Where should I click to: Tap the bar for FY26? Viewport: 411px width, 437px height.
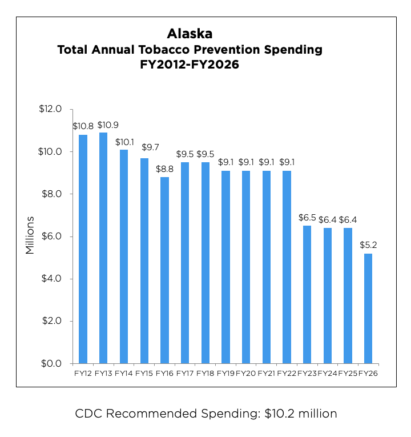[368, 308]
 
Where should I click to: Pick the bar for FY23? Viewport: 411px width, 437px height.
[307, 294]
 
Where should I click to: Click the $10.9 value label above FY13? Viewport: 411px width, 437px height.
[108, 125]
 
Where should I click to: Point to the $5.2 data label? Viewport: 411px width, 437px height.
[368, 245]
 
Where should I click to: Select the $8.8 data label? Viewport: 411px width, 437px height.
[164, 169]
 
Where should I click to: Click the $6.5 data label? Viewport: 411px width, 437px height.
[307, 218]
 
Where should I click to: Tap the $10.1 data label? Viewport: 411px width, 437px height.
[124, 142]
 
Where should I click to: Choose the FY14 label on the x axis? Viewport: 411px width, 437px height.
[124, 373]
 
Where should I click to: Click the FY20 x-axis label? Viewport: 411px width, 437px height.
[246, 373]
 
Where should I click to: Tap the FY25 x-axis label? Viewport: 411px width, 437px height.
[348, 373]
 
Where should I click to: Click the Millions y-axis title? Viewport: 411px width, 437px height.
[30, 235]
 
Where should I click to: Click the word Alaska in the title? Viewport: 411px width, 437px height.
[190, 34]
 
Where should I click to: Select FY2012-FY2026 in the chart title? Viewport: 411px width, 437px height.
[190, 65]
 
